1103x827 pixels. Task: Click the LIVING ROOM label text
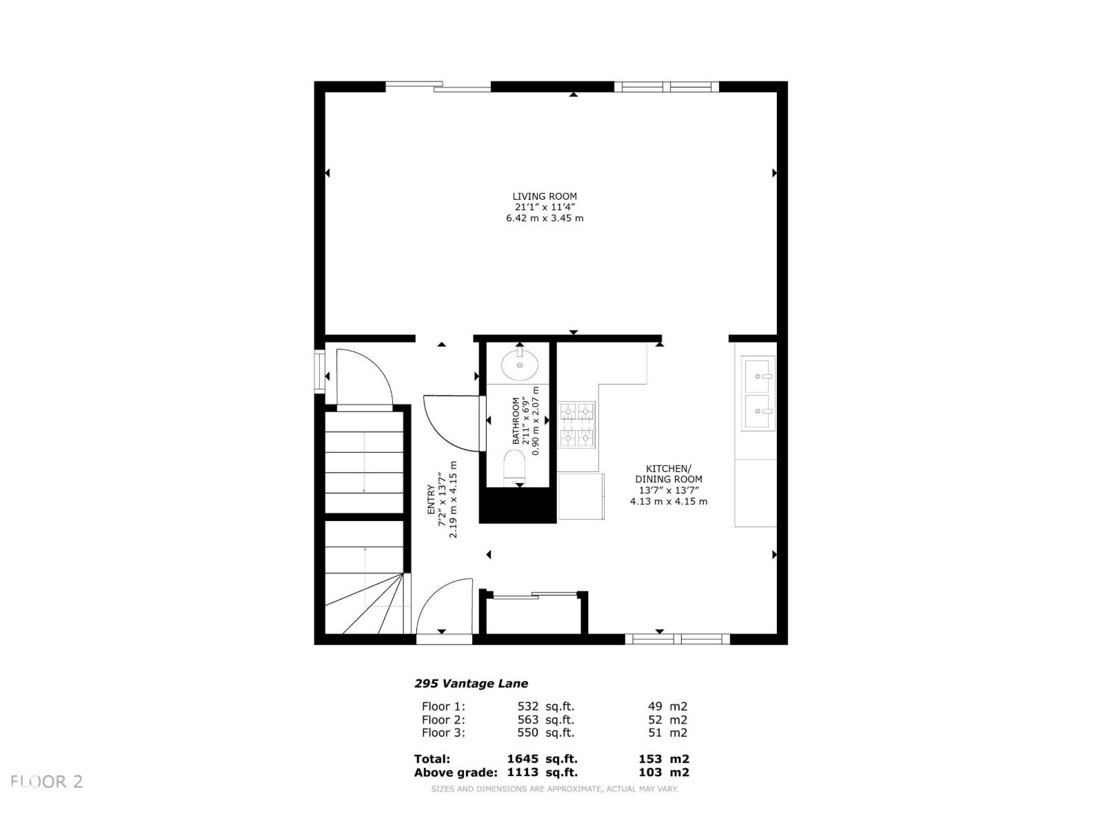coord(544,196)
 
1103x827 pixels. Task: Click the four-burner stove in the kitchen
coord(577,423)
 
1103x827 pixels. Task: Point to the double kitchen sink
coord(758,394)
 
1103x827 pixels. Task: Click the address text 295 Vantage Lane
coord(471,684)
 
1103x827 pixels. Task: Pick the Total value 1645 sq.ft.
coord(542,759)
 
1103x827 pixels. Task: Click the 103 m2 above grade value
coord(663,773)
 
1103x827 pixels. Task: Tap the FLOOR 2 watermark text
coord(47,782)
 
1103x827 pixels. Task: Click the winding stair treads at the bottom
coord(369,606)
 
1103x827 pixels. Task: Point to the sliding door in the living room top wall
coord(438,86)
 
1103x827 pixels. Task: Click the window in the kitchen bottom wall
coord(677,639)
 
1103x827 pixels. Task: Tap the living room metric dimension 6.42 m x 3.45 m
coord(544,218)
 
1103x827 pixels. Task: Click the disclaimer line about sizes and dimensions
coord(554,789)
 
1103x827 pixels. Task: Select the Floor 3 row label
coord(443,733)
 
